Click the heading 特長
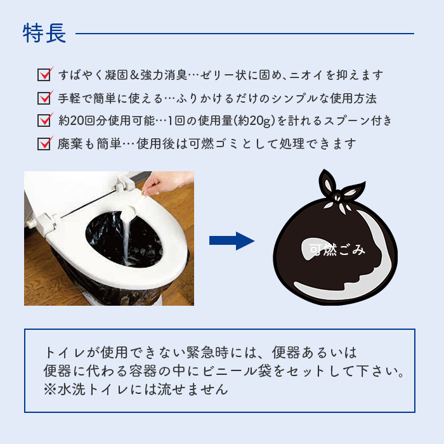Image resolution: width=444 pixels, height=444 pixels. (44, 33)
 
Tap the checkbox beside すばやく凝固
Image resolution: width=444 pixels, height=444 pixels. (44, 75)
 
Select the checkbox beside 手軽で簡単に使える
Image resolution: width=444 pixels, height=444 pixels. (44, 98)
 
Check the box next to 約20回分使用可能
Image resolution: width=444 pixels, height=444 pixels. (44, 120)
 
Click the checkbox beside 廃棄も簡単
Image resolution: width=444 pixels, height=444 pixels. (44, 143)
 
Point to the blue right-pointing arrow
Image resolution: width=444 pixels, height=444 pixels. (232, 241)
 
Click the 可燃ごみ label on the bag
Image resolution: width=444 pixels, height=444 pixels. (337, 250)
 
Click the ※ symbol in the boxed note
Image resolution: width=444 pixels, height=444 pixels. (50, 389)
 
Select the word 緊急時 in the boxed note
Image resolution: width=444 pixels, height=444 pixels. (207, 353)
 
